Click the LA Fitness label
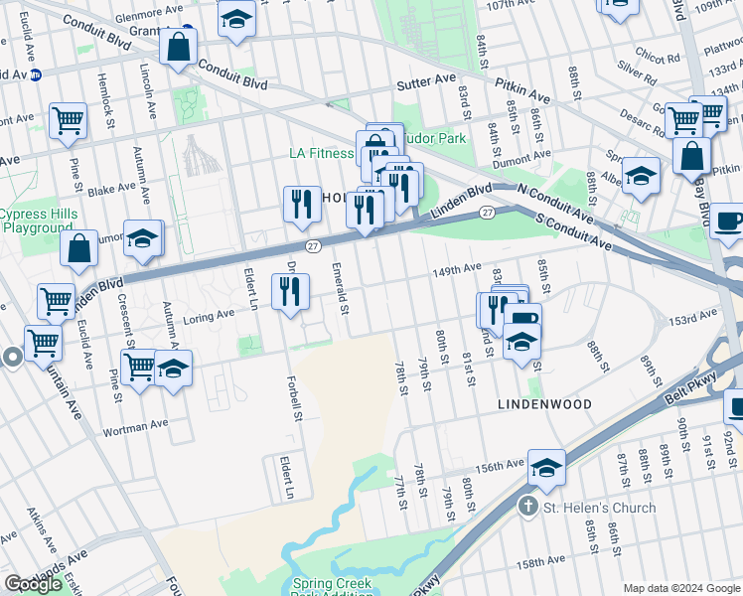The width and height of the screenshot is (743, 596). tap(321, 154)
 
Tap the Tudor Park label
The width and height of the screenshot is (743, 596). tap(434, 138)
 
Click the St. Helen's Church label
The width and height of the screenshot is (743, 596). tap(599, 508)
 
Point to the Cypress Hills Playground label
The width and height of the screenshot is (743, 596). tap(37, 221)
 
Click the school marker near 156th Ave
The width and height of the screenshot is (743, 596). tap(545, 468)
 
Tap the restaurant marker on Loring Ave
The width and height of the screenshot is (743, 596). tap(290, 292)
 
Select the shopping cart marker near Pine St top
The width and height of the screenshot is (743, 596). tap(68, 121)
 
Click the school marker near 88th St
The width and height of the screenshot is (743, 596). tap(641, 176)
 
